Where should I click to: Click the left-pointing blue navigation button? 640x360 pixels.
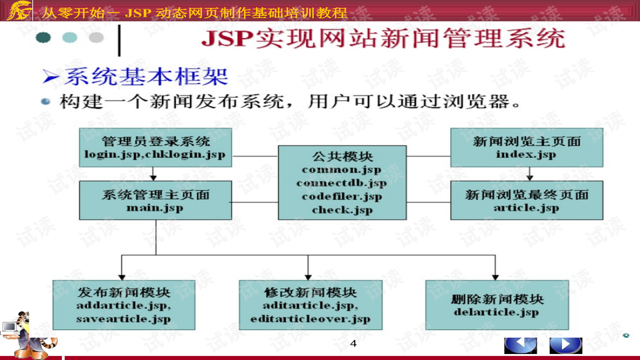tap(520, 345)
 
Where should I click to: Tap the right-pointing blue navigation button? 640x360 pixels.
tap(565, 345)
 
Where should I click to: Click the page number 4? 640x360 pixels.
tap(353, 343)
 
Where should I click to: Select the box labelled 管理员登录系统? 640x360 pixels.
tap(155, 147)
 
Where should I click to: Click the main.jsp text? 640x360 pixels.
tap(155, 207)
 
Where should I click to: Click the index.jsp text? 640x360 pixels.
tap(526, 154)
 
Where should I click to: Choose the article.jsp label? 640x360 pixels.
tap(526, 207)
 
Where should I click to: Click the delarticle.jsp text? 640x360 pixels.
tap(495, 311)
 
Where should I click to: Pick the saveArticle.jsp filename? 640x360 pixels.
tap(123, 319)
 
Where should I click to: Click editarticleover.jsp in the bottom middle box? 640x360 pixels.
tap(310, 319)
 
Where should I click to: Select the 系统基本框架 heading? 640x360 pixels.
tap(145, 77)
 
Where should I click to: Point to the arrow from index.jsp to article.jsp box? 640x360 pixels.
tap(530, 174)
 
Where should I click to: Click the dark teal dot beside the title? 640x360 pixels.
tap(43, 37)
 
